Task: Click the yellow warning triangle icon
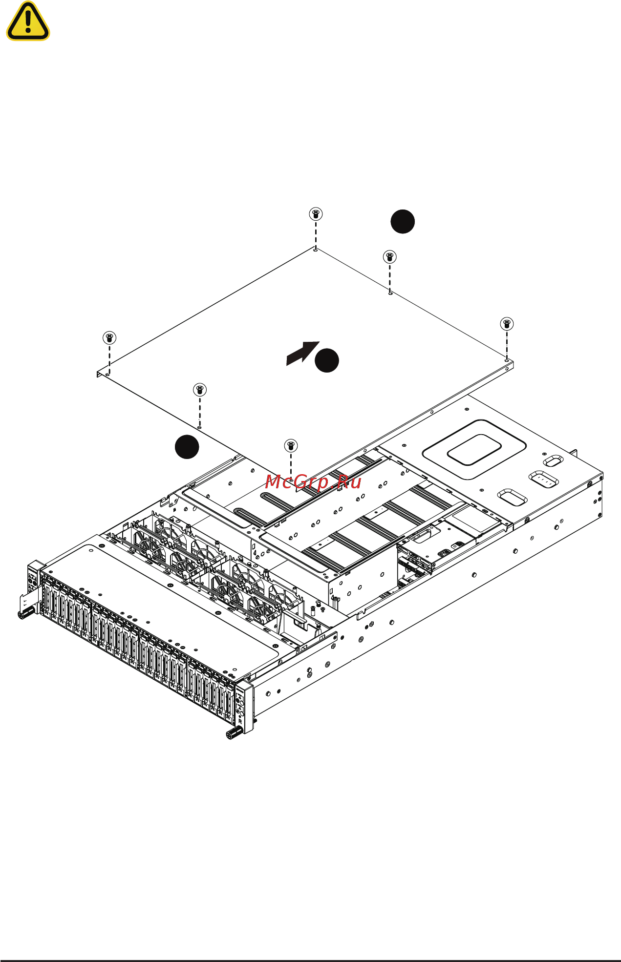(x=28, y=21)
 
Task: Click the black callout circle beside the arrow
(x=326, y=360)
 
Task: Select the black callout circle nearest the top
(x=403, y=222)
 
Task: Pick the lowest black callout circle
(x=187, y=446)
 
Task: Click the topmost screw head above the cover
(x=316, y=214)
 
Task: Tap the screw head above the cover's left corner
(x=109, y=337)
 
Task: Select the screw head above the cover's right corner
(x=507, y=323)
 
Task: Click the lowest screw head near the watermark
(x=291, y=445)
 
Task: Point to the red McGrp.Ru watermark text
(x=313, y=482)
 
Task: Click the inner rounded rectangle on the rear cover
(x=474, y=450)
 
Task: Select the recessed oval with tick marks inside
(x=543, y=479)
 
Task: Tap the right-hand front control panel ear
(x=244, y=707)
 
